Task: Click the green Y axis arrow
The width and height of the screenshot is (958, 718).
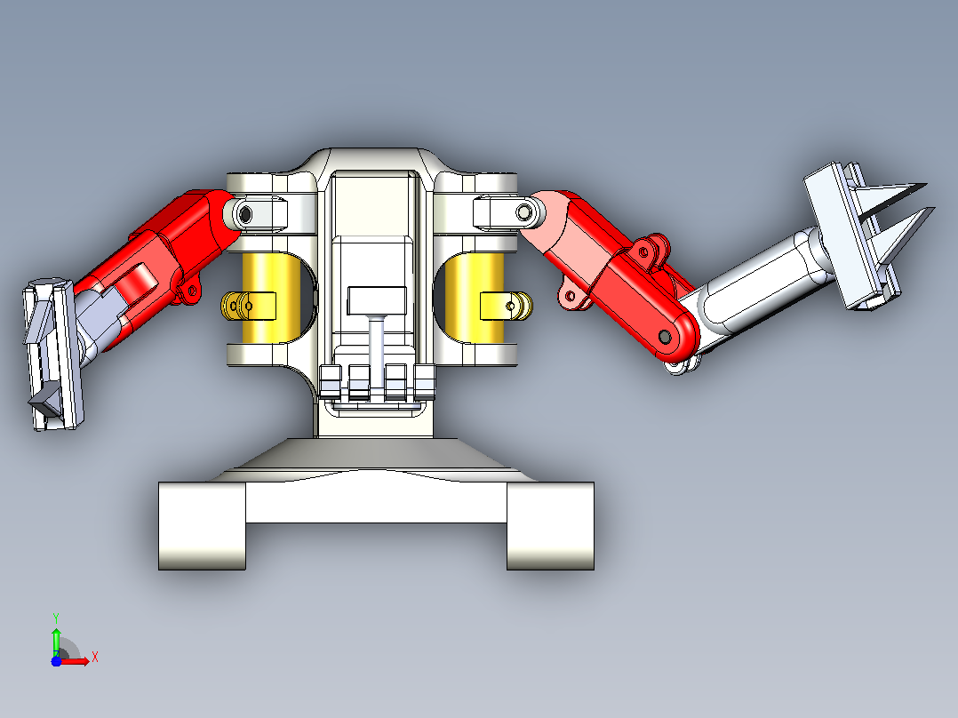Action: [x=56, y=639]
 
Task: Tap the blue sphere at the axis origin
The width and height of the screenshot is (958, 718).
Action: [x=56, y=661]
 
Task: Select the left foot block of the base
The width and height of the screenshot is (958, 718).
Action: [x=203, y=525]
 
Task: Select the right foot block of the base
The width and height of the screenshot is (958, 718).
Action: [x=550, y=525]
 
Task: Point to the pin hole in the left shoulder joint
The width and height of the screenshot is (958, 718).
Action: [x=245, y=214]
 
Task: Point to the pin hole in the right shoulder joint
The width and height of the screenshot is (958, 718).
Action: [x=523, y=212]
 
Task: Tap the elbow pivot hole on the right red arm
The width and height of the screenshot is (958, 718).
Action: [x=665, y=337]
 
